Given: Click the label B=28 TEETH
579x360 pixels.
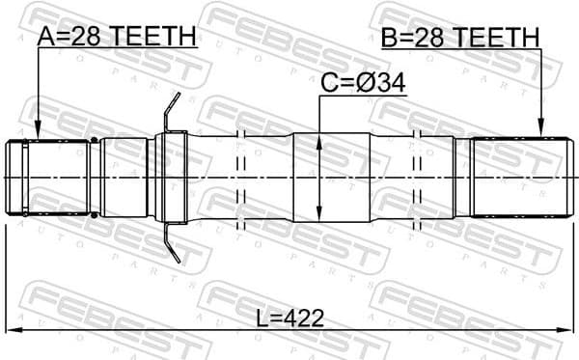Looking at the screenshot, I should [459, 37].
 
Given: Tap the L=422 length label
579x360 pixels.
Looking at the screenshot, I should [290, 318].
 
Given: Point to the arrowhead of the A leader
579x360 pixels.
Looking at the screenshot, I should [37, 135].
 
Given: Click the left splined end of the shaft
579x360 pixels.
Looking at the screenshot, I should [48, 179].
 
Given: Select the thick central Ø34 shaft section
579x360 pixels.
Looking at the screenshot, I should [331, 179].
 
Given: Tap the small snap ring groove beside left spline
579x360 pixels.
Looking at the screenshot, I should [94, 179].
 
